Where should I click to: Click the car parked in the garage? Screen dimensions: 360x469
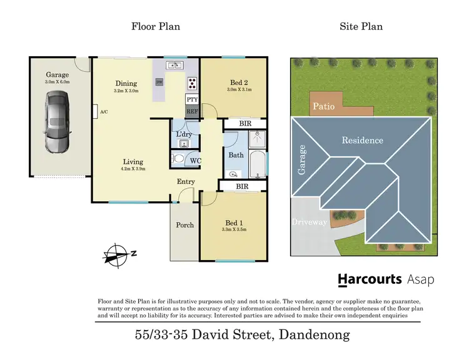(x=57, y=122)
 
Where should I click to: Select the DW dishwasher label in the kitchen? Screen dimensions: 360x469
(x=159, y=81)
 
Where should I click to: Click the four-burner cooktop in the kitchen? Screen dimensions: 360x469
(x=192, y=82)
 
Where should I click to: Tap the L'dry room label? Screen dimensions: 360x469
(x=183, y=134)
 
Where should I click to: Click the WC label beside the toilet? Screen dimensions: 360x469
(x=195, y=161)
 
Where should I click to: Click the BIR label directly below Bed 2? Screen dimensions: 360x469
(x=246, y=124)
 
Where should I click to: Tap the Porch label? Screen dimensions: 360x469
(x=185, y=225)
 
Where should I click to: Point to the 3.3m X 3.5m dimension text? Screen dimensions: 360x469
(x=233, y=229)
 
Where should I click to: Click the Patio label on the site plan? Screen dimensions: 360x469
(x=323, y=106)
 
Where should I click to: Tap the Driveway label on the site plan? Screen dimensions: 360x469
(x=310, y=222)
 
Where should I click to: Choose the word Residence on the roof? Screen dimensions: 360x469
(x=362, y=140)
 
